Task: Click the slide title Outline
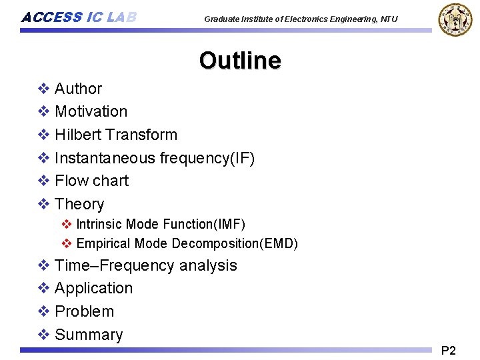point(239,60)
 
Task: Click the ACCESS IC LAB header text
point(79,17)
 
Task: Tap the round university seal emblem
point(454,19)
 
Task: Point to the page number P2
point(449,351)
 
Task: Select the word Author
point(78,89)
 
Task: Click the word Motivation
point(91,111)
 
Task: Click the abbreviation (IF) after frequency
point(240,158)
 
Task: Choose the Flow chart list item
point(91,181)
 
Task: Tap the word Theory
point(79,204)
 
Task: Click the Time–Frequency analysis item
point(145,265)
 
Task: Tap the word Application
point(93,288)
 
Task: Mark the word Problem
point(84,311)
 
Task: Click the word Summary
point(89,335)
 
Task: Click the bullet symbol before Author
point(43,89)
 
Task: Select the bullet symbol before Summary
point(43,335)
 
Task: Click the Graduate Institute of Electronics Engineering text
point(301,19)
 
